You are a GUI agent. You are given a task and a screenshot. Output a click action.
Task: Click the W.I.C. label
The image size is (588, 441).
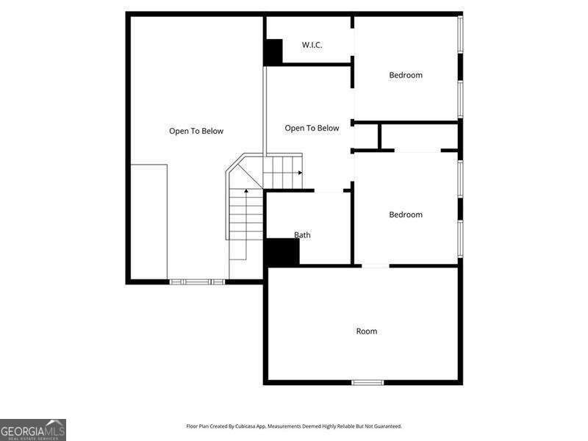coord(312,45)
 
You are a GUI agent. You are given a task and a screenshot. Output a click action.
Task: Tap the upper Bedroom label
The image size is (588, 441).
coord(406,75)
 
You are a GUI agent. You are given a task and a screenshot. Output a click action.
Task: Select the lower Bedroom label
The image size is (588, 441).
coord(406,215)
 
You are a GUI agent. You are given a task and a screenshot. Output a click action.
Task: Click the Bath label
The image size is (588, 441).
coord(302,235)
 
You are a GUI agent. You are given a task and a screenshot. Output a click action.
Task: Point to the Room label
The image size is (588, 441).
coord(367,331)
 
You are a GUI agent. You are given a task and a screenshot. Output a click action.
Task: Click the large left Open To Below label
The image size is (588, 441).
coord(196,132)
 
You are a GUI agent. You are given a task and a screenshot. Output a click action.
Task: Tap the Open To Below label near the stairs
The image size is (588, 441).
coord(312,128)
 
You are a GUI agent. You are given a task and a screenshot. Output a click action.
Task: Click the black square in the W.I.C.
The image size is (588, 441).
coord(273,51)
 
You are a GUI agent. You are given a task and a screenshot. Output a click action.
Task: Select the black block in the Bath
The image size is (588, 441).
coord(282,253)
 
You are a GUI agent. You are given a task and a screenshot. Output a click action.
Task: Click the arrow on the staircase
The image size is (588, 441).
coord(299,173)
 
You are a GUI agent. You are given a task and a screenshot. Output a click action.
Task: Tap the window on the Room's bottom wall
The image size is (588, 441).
coord(367,382)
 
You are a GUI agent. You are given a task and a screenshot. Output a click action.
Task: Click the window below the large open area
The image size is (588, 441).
coord(197,282)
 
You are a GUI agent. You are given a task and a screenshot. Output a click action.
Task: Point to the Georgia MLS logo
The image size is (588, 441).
coord(33,429)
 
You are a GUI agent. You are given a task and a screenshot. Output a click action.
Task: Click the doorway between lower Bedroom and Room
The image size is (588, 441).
coord(376,265)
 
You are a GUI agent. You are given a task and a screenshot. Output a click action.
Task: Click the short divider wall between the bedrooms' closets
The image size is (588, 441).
coord(379,137)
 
